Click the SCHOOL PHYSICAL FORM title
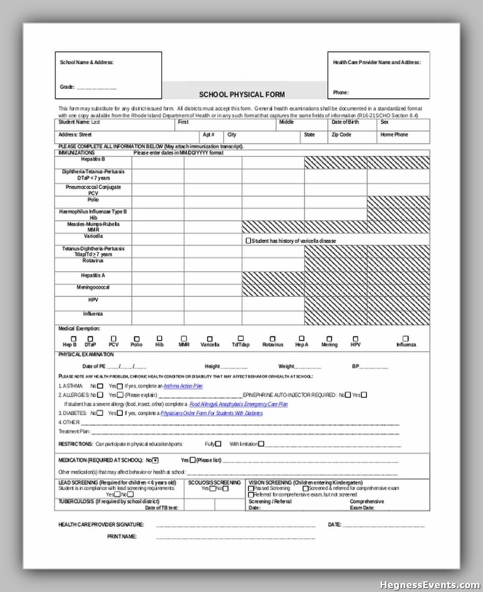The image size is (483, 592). click(x=241, y=95)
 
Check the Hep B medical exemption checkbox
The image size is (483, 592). click(x=73, y=339)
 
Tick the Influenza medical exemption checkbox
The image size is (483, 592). click(x=405, y=339)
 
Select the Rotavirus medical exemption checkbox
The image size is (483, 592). click(x=273, y=339)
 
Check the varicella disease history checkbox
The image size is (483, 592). click(x=248, y=241)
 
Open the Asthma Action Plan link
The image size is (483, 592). click(x=183, y=386)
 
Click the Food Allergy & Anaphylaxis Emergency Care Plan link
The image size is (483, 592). click(x=239, y=404)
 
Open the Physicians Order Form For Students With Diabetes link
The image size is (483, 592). click(x=212, y=413)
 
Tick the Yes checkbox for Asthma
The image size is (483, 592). click(x=120, y=386)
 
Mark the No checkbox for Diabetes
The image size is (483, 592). click(x=100, y=413)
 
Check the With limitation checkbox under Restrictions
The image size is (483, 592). click(x=261, y=444)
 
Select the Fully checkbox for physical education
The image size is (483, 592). click(x=218, y=444)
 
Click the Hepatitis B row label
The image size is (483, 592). click(x=93, y=159)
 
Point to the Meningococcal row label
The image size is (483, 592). click(x=93, y=287)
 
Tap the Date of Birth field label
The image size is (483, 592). click(x=345, y=122)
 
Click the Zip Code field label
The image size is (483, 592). click(x=341, y=135)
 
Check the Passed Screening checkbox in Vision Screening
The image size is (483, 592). click(x=251, y=488)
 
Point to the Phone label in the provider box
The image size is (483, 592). click(x=341, y=93)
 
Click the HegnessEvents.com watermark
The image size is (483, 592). click(x=430, y=585)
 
